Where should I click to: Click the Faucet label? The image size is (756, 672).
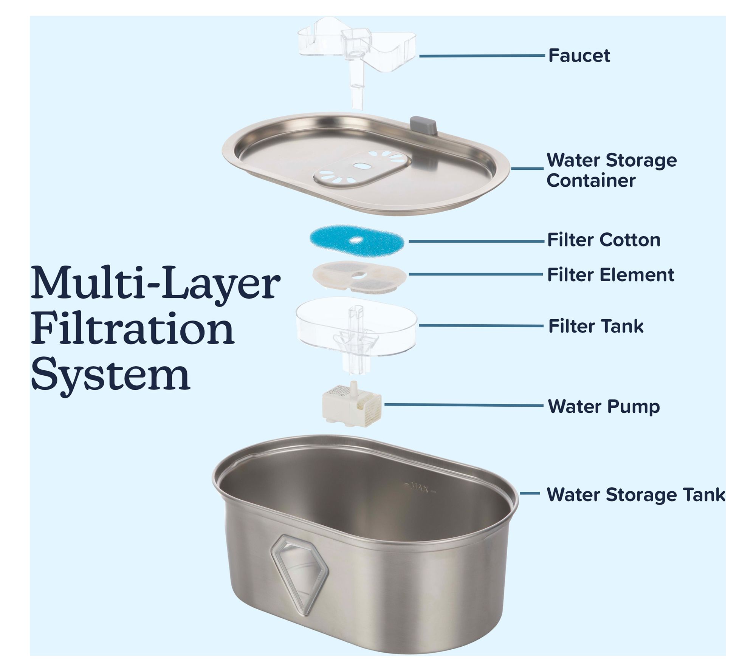pos(579,56)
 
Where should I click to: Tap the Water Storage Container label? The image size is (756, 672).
pos(612,170)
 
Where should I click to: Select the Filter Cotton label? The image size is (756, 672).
pos(604,240)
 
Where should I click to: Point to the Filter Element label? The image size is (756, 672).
pos(610,275)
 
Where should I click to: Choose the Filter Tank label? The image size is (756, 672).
pos(596,326)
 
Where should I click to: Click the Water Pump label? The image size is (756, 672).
pos(604,407)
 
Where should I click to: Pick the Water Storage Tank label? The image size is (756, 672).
pos(636,495)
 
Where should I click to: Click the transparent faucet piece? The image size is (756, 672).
pos(356,60)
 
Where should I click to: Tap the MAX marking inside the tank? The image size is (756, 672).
pos(420,489)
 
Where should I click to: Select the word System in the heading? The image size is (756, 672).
pos(110,375)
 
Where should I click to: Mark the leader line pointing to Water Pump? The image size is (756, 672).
pos(463,405)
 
